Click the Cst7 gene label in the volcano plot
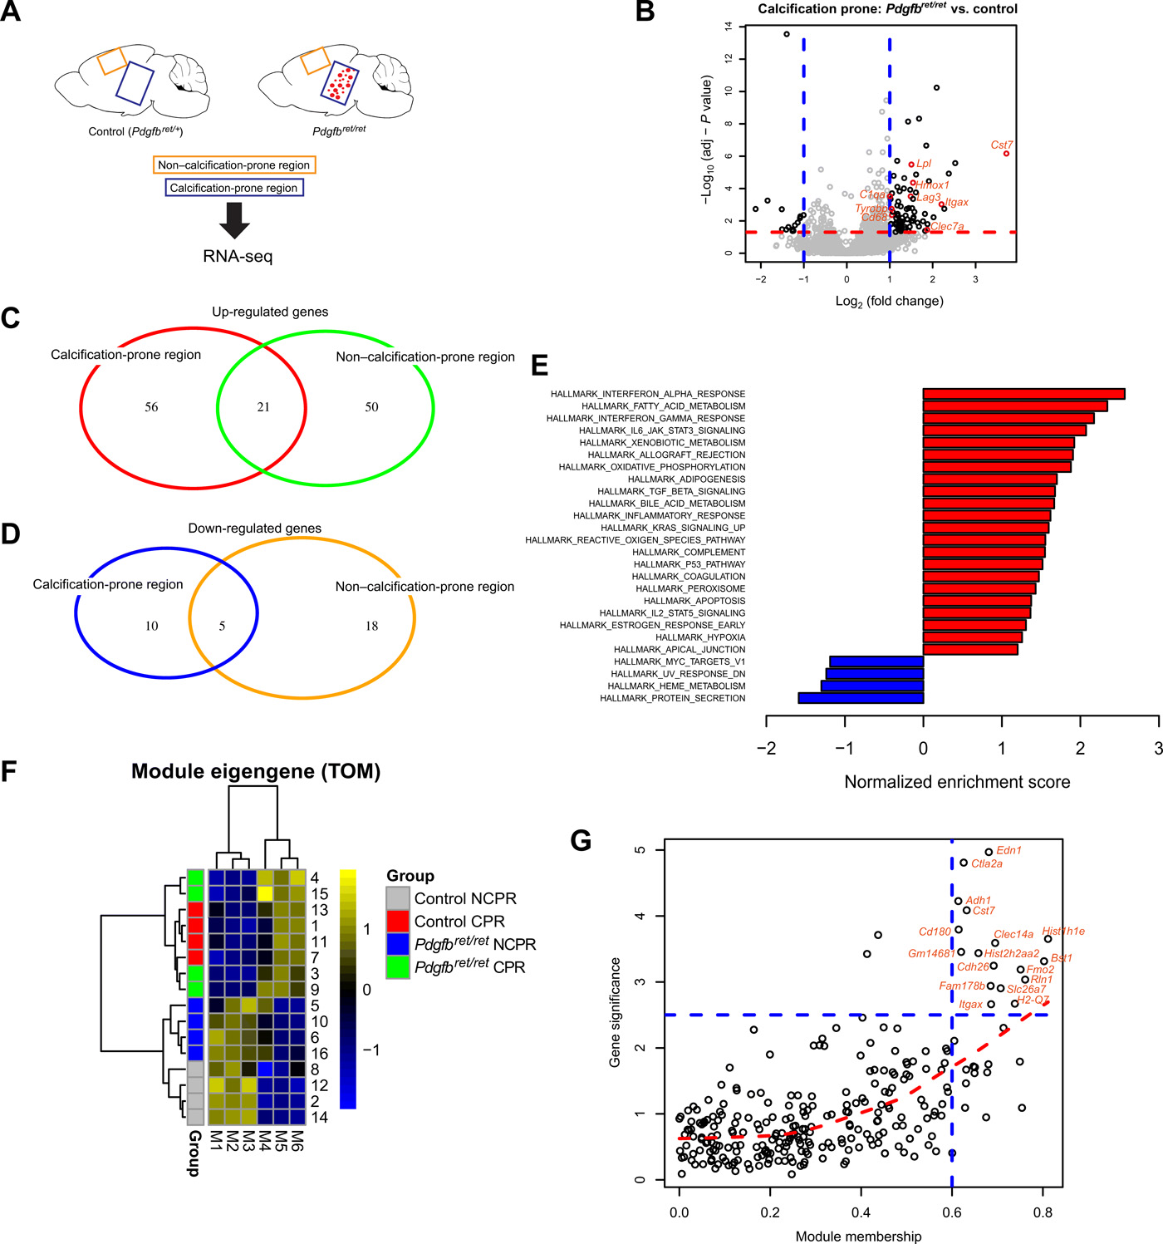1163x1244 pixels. [x=1002, y=145]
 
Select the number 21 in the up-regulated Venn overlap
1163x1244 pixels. [x=263, y=407]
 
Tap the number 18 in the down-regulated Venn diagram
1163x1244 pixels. [x=371, y=626]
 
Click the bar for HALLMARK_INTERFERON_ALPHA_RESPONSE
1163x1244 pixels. [x=1023, y=394]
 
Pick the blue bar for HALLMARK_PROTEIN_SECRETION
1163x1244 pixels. [x=861, y=698]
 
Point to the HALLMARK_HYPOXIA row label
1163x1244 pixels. [x=700, y=637]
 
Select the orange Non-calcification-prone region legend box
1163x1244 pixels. [x=234, y=165]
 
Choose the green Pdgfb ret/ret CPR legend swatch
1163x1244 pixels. [x=398, y=966]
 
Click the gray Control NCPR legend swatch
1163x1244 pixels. [x=398, y=898]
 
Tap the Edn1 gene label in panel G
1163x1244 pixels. [x=1009, y=850]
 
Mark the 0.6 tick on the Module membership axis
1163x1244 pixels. [x=952, y=1212]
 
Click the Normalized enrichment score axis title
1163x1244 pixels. [x=957, y=782]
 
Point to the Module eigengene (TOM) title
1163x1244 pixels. [x=256, y=771]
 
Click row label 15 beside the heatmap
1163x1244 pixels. [x=319, y=894]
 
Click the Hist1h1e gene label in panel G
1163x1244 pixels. [x=1063, y=932]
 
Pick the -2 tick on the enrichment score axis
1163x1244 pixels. [x=766, y=748]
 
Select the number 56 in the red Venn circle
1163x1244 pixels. [x=151, y=407]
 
